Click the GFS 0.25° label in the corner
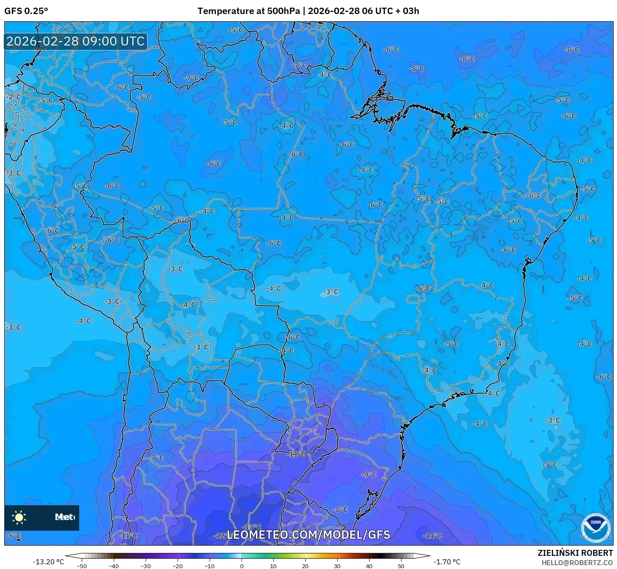click(x=26, y=11)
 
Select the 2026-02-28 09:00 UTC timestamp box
click(x=76, y=41)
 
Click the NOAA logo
click(x=596, y=528)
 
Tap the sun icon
click(x=19, y=517)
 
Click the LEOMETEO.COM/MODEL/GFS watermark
click(x=308, y=535)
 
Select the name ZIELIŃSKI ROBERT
click(x=575, y=553)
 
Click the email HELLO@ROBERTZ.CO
click(x=577, y=563)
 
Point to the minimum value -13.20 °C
click(x=49, y=562)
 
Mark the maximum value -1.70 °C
click(x=447, y=562)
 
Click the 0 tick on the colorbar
click(x=241, y=566)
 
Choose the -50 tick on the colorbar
click(x=82, y=566)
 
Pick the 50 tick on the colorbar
click(x=401, y=566)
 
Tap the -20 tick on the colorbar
click(x=178, y=566)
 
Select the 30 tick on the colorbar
click(x=337, y=566)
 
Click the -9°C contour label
click(x=369, y=475)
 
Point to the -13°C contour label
click(x=254, y=527)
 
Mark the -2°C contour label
click(x=14, y=97)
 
